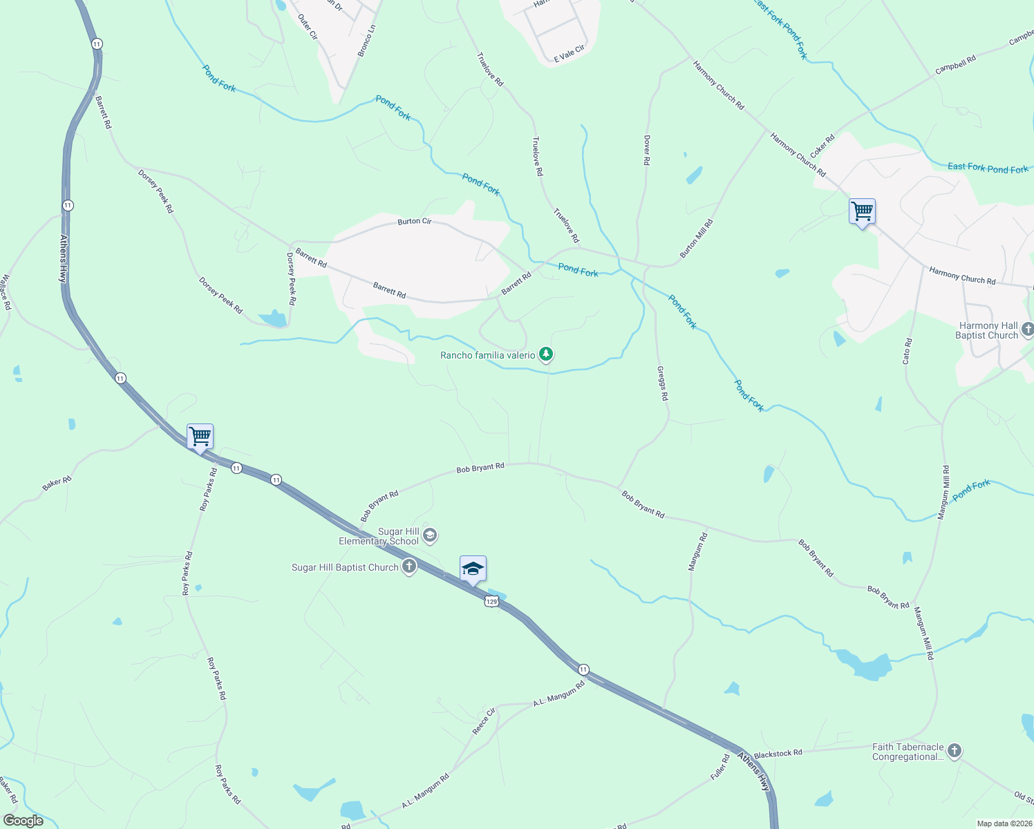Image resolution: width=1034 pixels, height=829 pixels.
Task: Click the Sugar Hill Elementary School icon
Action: [x=430, y=535]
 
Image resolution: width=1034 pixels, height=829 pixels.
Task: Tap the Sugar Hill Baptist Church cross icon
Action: [x=409, y=567]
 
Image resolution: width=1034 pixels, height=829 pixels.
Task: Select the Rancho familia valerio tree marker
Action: [x=546, y=354]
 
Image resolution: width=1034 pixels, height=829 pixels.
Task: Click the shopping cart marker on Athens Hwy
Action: [x=200, y=437]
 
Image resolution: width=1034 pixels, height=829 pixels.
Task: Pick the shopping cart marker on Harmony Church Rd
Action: [x=862, y=211]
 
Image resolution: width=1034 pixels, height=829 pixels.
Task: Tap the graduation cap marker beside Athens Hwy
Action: [x=473, y=569]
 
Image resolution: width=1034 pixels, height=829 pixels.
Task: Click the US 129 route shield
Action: [x=491, y=602]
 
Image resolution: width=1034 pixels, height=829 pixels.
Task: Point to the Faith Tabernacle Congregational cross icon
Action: [x=955, y=751]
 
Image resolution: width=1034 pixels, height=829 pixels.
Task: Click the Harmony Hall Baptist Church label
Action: [x=987, y=330]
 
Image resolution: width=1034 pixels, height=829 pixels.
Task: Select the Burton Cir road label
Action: [x=414, y=222]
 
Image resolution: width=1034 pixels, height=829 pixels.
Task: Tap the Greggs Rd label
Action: [x=662, y=383]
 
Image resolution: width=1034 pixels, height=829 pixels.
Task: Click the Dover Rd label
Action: [x=647, y=150]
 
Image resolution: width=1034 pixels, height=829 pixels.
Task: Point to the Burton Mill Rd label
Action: [x=696, y=239]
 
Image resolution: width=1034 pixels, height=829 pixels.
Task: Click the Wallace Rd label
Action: [x=6, y=292]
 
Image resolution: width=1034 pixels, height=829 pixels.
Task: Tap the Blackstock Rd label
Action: [x=778, y=753]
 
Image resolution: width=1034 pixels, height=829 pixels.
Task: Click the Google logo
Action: [x=23, y=821]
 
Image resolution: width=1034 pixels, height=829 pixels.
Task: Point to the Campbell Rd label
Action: [x=955, y=65]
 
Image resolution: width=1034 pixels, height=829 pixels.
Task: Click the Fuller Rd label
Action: [x=720, y=768]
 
